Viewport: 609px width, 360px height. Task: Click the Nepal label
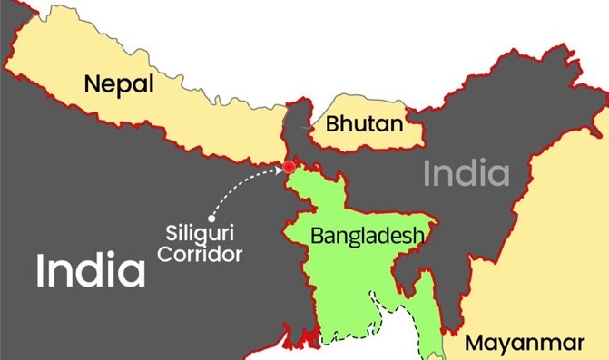120,83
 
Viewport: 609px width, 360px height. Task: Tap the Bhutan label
364,122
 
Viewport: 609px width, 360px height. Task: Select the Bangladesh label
367,236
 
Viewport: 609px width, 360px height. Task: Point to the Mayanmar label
524,343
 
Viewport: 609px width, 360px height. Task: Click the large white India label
91,270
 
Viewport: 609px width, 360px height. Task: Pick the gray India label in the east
467,173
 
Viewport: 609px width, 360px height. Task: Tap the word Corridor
199,254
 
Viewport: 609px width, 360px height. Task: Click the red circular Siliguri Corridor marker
289,167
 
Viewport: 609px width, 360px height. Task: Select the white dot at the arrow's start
211,219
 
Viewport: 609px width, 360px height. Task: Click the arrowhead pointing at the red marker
278,169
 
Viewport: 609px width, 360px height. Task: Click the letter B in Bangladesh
317,236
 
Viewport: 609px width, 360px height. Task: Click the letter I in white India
41,270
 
